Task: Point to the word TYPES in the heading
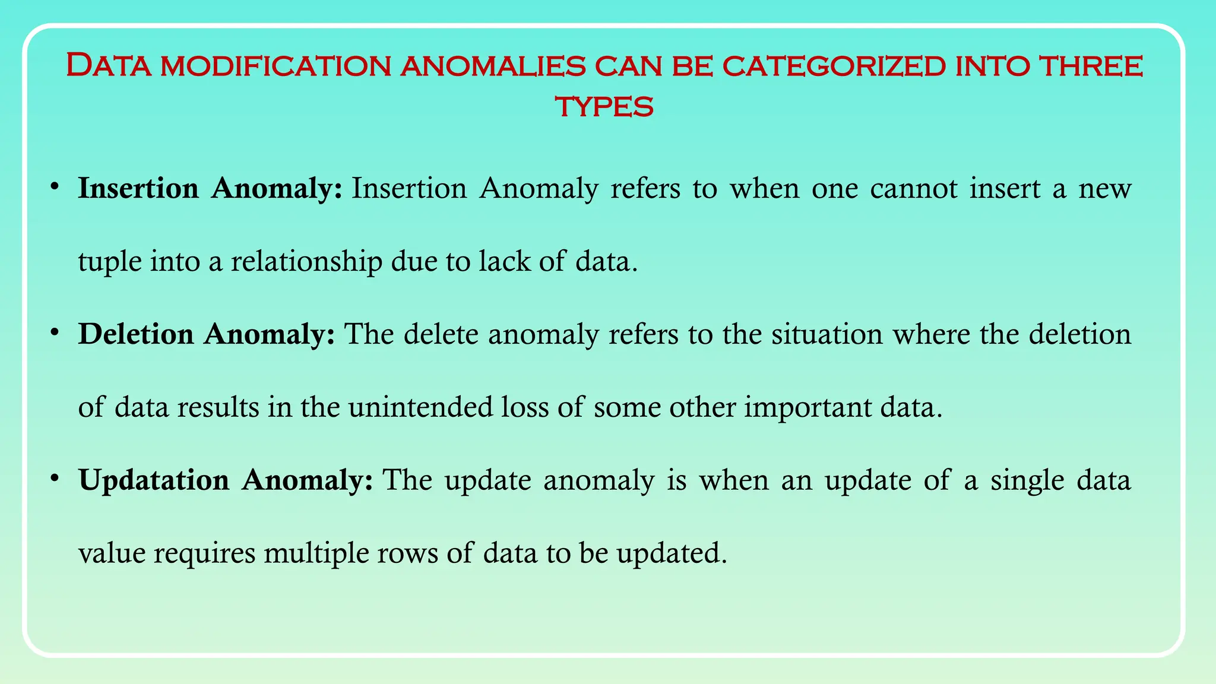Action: tap(604, 107)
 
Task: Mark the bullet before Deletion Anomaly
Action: tap(54, 333)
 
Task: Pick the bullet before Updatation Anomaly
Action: tap(54, 479)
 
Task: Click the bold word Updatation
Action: tap(154, 480)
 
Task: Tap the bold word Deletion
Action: tap(136, 334)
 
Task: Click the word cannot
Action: tap(914, 189)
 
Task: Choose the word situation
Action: tap(826, 334)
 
